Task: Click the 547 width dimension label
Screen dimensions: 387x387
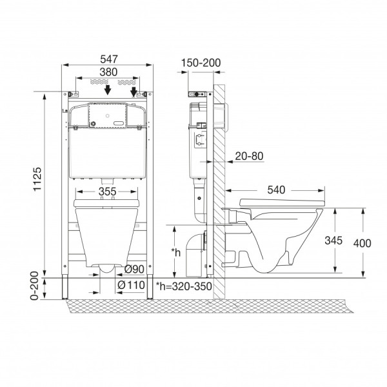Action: click(x=109, y=59)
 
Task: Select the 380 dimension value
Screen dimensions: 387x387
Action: click(x=108, y=72)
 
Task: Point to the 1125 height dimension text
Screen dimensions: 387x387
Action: click(x=37, y=179)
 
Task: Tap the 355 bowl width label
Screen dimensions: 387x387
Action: click(x=107, y=192)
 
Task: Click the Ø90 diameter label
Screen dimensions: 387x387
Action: click(x=134, y=269)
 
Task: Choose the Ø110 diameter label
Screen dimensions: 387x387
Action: click(x=132, y=285)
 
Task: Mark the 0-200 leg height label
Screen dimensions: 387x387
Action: click(x=34, y=286)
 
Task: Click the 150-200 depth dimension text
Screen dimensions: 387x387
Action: click(x=201, y=63)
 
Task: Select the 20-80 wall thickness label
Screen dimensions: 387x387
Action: click(x=249, y=156)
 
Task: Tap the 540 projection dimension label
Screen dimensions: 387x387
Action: click(x=276, y=190)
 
